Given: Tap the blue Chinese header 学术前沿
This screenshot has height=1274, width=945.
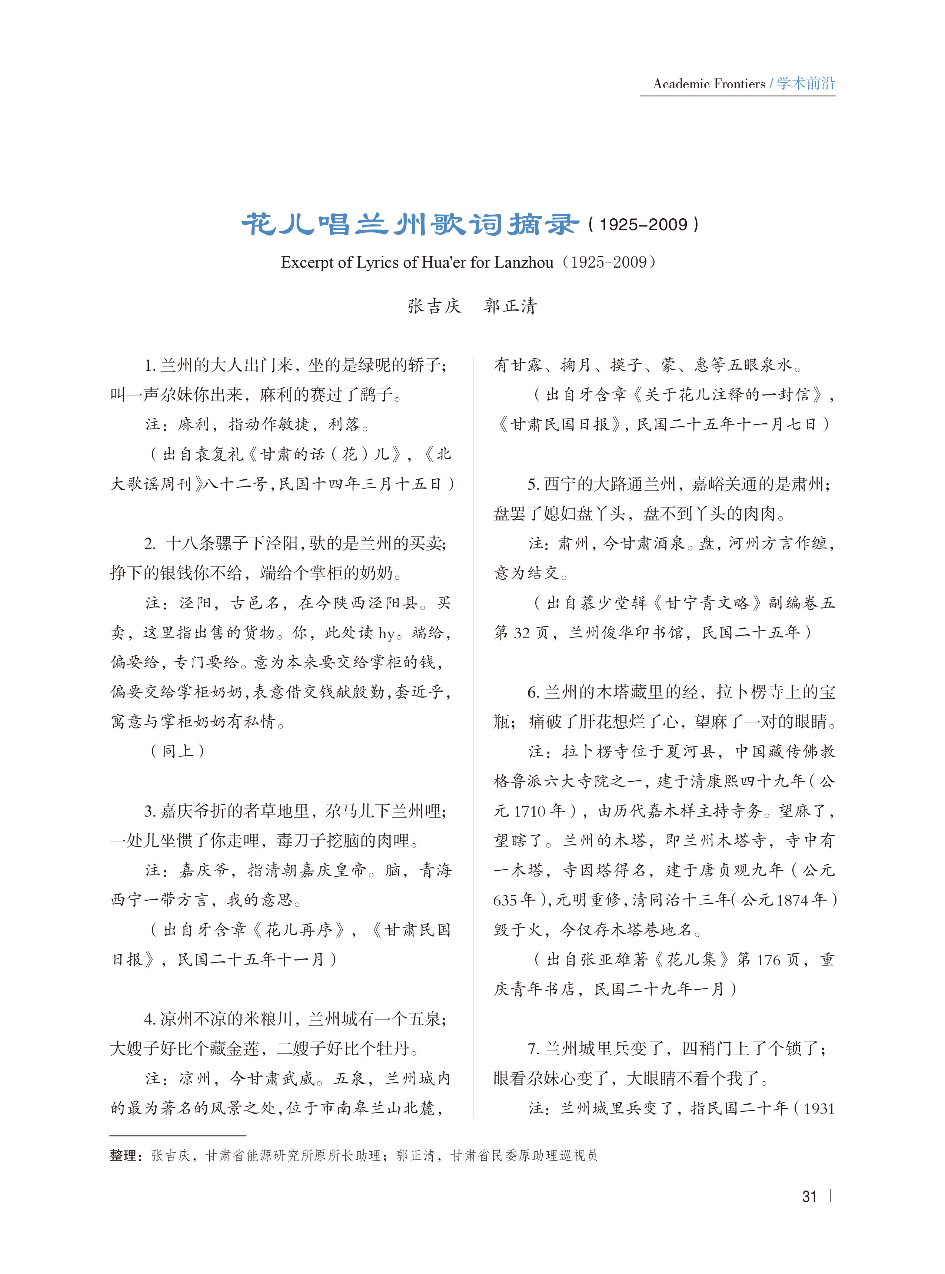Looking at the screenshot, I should pyautogui.click(x=805, y=83).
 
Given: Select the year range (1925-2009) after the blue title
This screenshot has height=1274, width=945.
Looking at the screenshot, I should pyautogui.click(x=643, y=224).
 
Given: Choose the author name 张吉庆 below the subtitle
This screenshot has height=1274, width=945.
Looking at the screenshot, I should pyautogui.click(x=434, y=306).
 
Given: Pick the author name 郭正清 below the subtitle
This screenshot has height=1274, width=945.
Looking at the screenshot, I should pyautogui.click(x=510, y=306).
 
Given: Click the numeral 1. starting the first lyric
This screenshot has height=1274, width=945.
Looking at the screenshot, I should pyautogui.click(x=150, y=365).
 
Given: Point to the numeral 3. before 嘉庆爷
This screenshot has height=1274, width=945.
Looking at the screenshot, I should pyautogui.click(x=150, y=811).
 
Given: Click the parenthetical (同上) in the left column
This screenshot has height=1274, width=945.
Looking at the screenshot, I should pyautogui.click(x=177, y=751).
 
